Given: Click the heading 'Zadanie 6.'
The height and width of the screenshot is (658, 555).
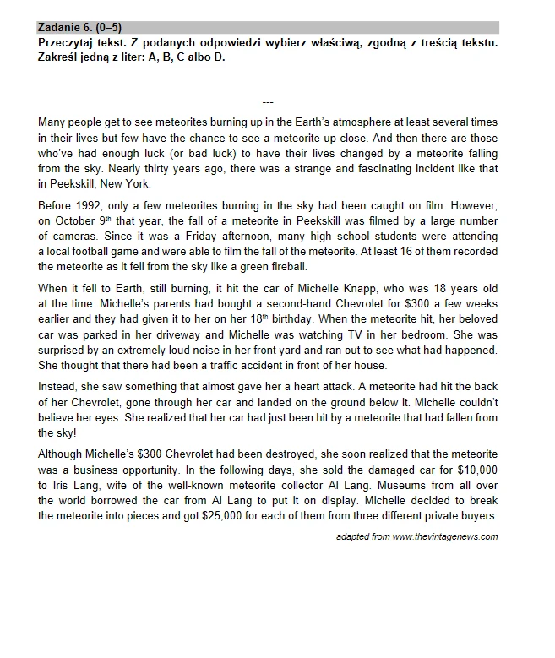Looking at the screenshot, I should pos(67,27).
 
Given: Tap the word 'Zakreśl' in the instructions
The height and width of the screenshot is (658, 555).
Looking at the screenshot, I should pos(59,57).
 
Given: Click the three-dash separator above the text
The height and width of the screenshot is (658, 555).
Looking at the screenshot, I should pos(268,102).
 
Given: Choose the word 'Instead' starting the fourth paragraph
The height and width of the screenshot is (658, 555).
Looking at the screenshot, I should pos(57,388).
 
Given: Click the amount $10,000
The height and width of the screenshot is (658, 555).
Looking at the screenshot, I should pos(475,470).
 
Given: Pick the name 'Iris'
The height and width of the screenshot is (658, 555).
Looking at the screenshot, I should pos(59,486).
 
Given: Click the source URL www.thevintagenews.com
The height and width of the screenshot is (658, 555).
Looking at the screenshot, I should pos(445,536).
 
